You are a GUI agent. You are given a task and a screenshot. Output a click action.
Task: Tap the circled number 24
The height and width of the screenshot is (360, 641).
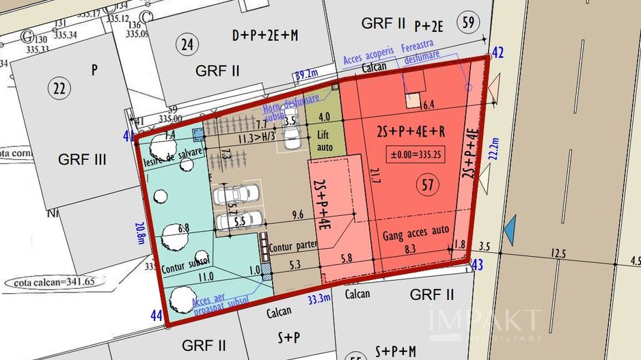pyautogui.click(x=187, y=46)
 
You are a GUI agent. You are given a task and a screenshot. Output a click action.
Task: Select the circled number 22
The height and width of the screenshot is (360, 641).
pyautogui.click(x=59, y=87)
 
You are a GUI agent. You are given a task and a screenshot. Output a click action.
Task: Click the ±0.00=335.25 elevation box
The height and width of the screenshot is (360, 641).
pyautogui.click(x=415, y=154)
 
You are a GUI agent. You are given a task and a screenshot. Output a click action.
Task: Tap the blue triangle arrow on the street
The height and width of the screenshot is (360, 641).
pyautogui.click(x=510, y=230)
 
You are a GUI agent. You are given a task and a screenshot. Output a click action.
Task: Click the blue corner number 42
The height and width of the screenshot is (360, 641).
pyautogui.click(x=498, y=53)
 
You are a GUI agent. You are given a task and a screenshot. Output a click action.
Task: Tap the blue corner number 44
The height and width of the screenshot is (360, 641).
pyautogui.click(x=156, y=316)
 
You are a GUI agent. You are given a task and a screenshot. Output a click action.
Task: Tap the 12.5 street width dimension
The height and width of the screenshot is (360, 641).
pyautogui.click(x=560, y=254)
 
